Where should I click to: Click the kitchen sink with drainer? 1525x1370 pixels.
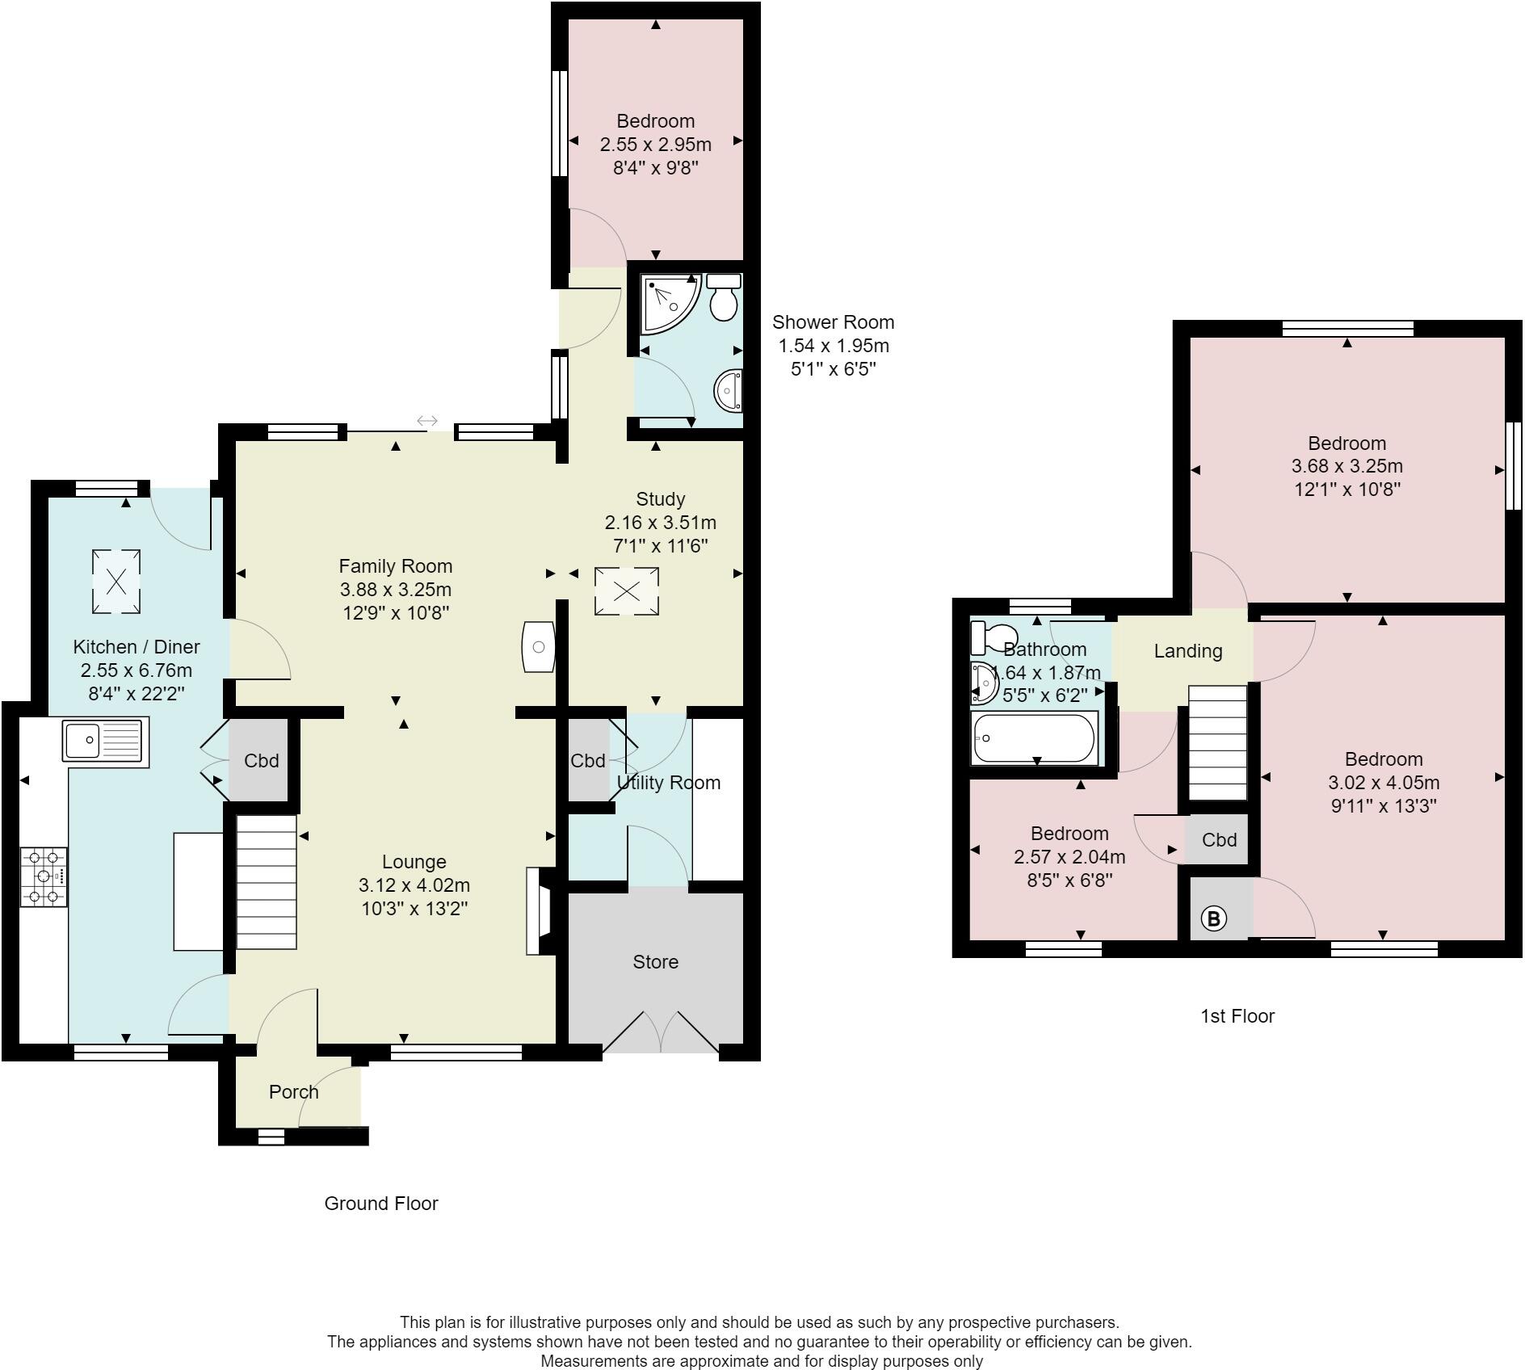105,740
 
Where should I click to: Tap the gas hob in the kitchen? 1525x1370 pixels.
44,876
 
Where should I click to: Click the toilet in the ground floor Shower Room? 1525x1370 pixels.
724,296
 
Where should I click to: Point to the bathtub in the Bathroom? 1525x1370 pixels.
1035,738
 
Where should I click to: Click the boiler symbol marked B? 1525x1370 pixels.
1214,918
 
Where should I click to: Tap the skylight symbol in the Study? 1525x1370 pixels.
627,591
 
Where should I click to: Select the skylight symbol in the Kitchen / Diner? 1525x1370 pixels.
116,581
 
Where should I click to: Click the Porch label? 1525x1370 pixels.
294,1092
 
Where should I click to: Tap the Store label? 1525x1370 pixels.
656,962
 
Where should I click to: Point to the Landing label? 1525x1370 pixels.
1188,651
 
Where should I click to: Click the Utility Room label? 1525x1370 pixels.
669,783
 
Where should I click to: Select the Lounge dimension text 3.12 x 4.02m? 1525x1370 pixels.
414,885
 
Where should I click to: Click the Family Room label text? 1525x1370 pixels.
396,566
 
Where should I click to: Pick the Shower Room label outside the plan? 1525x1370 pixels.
834,322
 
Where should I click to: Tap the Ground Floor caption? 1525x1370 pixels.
381,1204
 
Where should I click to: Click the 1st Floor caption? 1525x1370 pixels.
1237,1016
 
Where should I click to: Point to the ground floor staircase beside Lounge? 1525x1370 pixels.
267,882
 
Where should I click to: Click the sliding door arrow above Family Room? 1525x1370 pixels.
427,421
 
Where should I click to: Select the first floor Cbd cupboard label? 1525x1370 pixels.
1220,840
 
